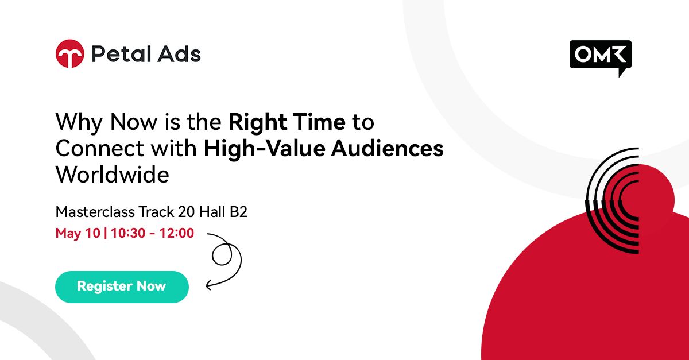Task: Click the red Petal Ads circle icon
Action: tap(70, 54)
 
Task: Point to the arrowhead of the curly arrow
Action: tap(208, 282)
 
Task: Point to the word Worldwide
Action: tap(112, 175)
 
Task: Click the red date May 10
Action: tap(77, 233)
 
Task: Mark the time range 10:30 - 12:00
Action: tap(153, 233)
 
